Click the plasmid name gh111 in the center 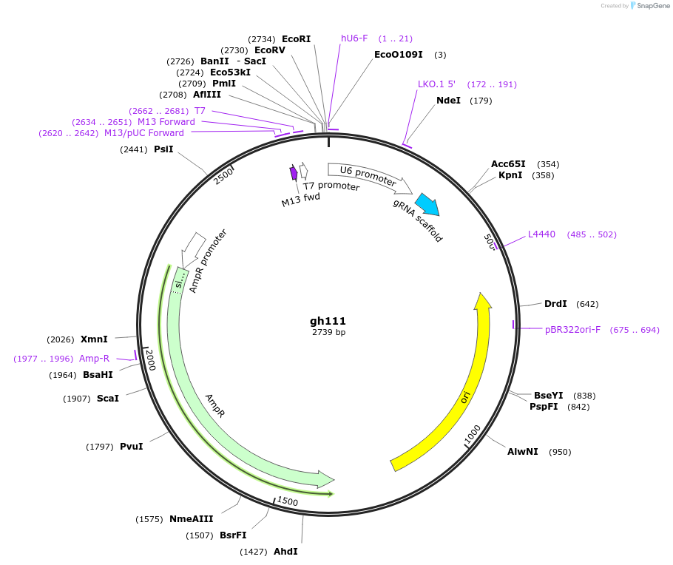click(x=328, y=321)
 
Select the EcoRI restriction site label click(x=296, y=38)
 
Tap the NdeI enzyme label click(x=448, y=101)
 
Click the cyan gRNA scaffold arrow click(x=427, y=204)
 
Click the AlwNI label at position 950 click(x=522, y=452)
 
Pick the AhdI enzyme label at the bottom click(x=285, y=552)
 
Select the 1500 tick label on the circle click(x=288, y=502)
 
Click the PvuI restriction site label click(x=131, y=447)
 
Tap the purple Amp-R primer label click(x=95, y=359)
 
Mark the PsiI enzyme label click(x=163, y=149)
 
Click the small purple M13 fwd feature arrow click(x=294, y=172)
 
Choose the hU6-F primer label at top click(x=354, y=38)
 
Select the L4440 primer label click(x=541, y=234)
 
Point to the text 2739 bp click(x=328, y=333)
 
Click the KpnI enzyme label click(x=510, y=175)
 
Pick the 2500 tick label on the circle click(x=223, y=175)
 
